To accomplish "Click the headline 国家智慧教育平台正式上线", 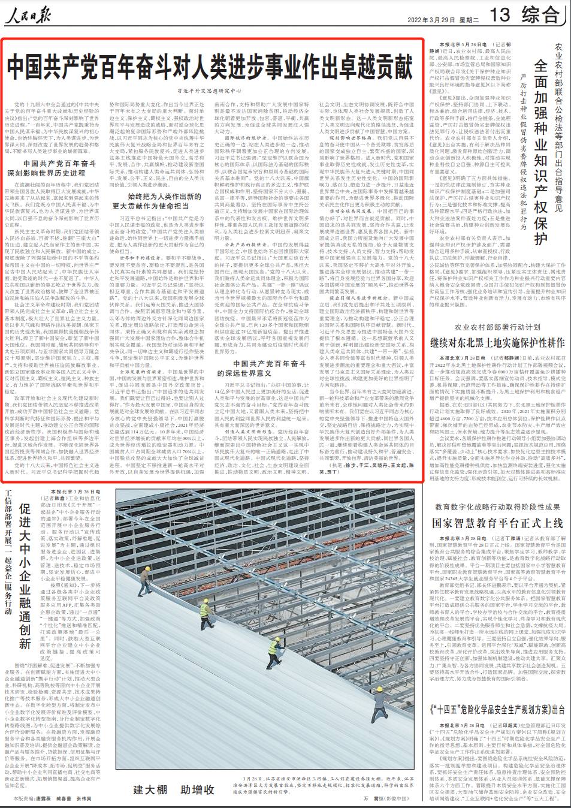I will pos(497,523).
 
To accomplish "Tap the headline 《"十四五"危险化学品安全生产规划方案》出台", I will pos(497,709).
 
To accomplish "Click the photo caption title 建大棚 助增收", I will pos(174,789).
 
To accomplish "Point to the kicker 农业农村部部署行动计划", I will pos(497,327).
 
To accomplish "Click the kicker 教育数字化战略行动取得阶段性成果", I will pos(497,507).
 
